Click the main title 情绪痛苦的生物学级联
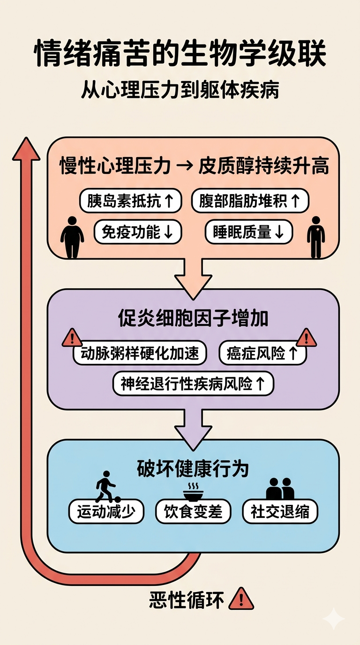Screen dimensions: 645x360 pos(180,55)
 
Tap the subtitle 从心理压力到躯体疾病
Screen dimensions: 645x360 pos(180,89)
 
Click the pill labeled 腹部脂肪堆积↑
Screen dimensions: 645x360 pos(250,202)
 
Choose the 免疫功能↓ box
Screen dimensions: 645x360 pos(137,232)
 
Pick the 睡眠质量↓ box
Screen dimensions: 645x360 pos(249,232)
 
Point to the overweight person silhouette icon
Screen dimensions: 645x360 pos(72,237)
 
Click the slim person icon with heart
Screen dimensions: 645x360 pos(316,237)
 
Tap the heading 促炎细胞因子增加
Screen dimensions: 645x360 pos(193,319)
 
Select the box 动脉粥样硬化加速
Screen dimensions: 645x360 pos(140,353)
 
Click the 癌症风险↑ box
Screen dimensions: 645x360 pos(262,353)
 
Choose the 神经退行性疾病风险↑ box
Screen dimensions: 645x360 pos(193,384)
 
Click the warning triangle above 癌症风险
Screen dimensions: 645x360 pos(307,337)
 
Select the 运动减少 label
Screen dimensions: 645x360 pos(105,511)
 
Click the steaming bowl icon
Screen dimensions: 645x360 pos(192,491)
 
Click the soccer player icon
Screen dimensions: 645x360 pos(106,487)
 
